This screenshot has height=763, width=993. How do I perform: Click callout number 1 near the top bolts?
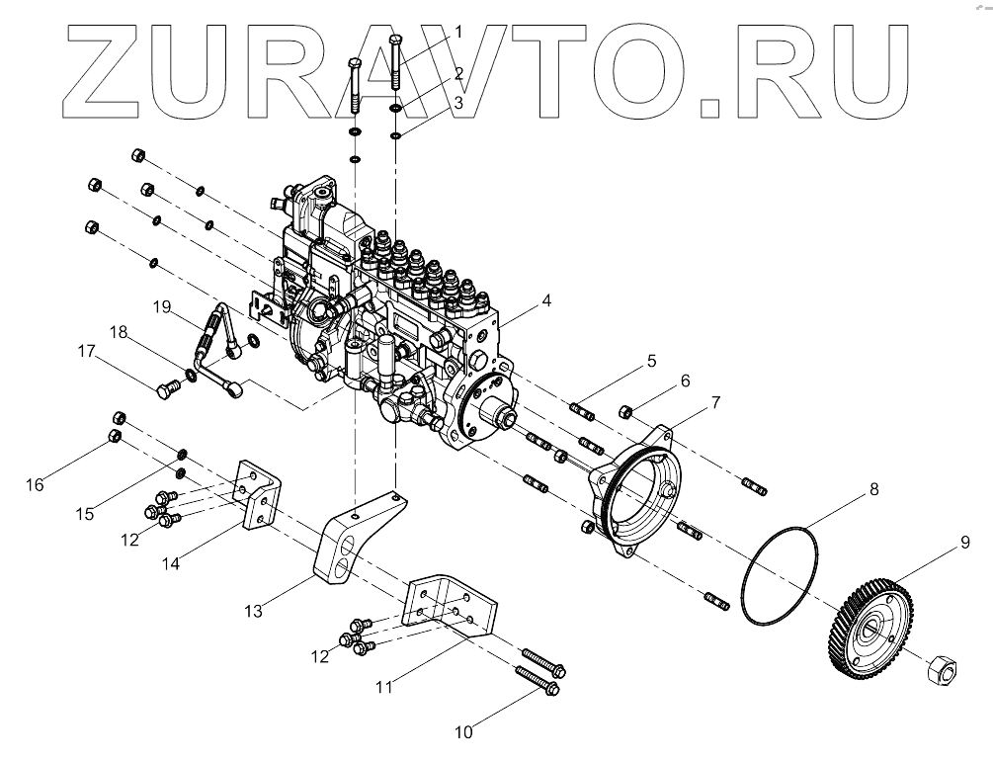click(458, 33)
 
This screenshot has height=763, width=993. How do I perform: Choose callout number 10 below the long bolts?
click(464, 732)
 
